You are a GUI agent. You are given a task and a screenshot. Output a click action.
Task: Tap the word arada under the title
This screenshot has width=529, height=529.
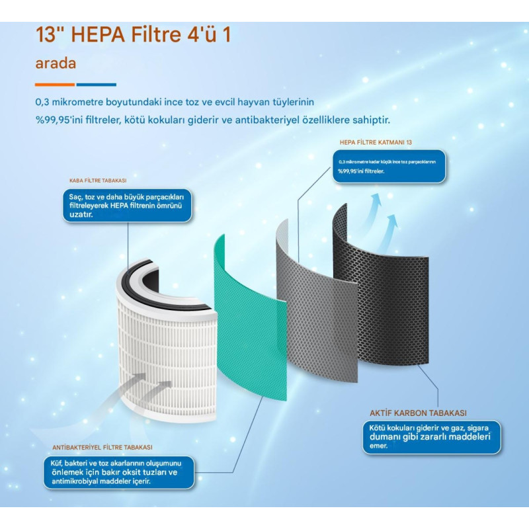coord(56,63)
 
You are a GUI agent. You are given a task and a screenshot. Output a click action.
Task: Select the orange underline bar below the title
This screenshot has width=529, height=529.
coord(55,85)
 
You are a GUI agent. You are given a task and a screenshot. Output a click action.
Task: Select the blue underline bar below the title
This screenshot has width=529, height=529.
coord(96,85)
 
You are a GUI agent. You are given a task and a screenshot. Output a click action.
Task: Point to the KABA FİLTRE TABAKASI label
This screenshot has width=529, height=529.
coord(98,181)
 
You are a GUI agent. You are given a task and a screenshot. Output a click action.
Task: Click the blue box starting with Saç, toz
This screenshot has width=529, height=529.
coord(127,206)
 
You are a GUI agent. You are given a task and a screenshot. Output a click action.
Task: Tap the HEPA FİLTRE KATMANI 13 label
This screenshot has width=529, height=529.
coord(376,142)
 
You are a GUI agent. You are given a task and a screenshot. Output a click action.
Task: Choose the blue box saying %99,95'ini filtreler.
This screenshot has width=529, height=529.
coord(389,167)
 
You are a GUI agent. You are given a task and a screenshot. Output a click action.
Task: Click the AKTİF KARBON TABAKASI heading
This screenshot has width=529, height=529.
coord(418,413)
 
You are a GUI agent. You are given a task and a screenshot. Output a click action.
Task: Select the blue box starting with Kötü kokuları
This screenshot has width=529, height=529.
coord(432,437)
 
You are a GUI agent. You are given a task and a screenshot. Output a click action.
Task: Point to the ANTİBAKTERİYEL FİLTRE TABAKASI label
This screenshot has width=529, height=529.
coord(102,448)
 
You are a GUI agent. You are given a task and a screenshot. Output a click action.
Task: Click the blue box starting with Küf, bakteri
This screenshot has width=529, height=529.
coord(119,472)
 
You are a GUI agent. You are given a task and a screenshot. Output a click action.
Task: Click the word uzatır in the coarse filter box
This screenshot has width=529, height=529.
coord(81,214)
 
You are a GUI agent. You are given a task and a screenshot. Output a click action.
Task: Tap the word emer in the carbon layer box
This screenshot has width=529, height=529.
coord(378,446)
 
